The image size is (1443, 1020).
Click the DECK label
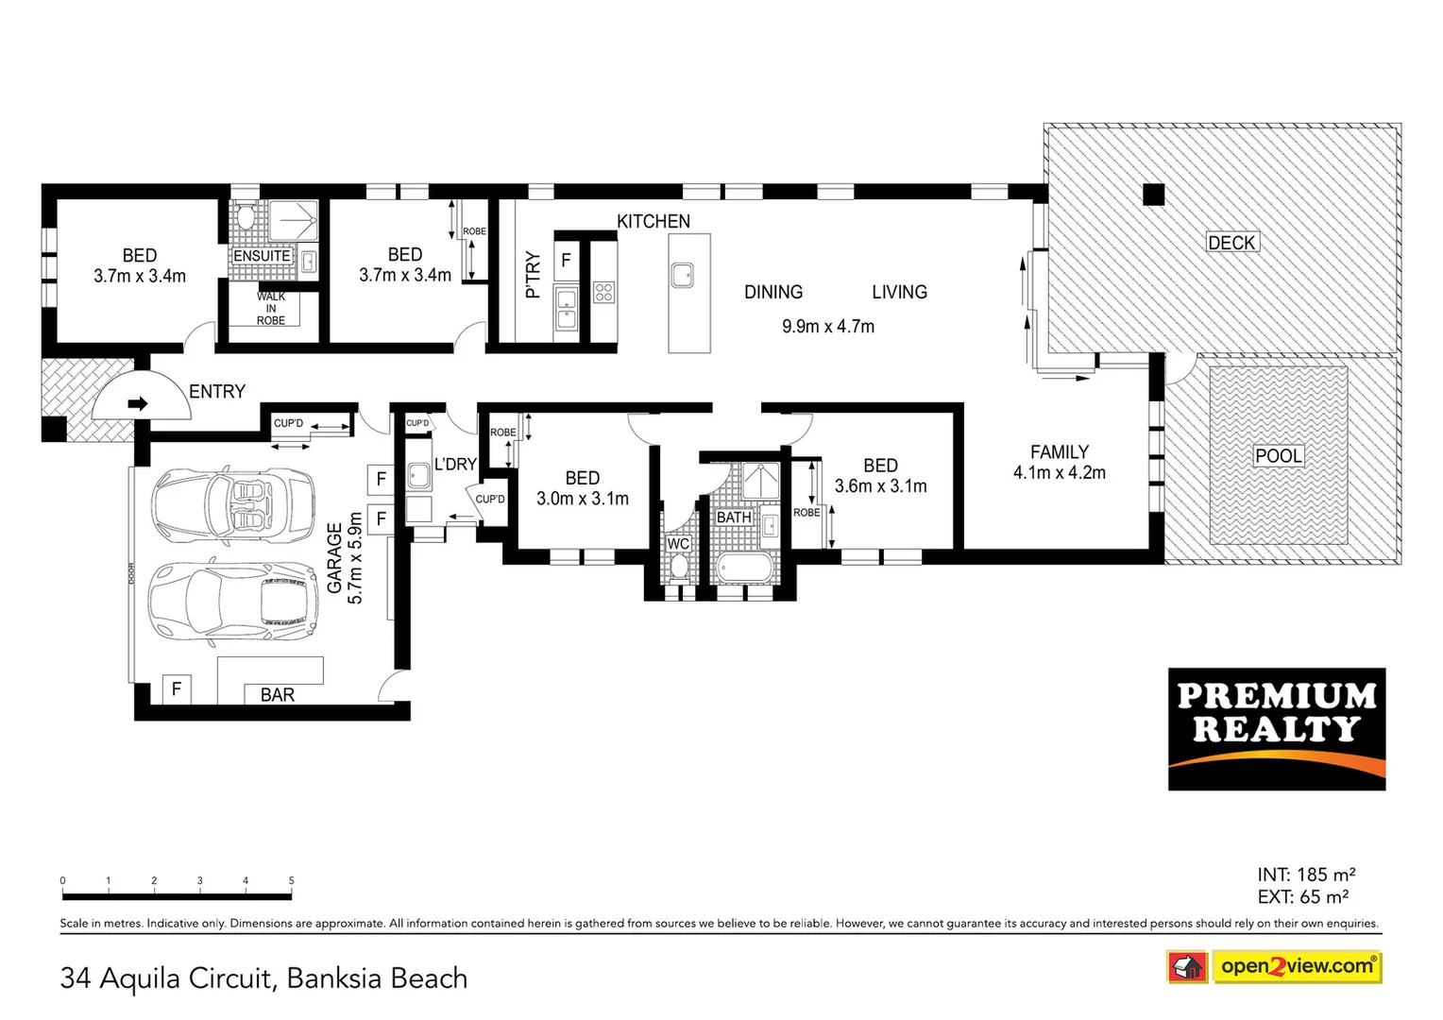click(1231, 243)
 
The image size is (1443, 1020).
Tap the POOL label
click(1278, 455)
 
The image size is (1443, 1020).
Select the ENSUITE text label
click(262, 256)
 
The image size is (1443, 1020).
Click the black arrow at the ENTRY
click(138, 403)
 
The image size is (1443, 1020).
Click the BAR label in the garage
click(277, 694)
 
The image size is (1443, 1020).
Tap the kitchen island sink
click(682, 276)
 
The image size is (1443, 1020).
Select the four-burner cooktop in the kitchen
click(604, 293)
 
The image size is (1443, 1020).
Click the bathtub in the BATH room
click(745, 569)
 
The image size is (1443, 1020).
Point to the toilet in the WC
click(678, 568)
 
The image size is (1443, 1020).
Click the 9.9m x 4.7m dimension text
click(828, 327)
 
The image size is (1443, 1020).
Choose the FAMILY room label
click(1059, 451)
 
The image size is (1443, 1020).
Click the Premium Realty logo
click(1276, 728)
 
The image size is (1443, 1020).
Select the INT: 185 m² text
click(1306, 875)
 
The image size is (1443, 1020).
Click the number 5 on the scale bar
click(291, 880)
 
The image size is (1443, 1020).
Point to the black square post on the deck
click(1153, 195)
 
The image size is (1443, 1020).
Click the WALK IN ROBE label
click(270, 309)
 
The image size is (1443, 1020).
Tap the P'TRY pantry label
click(533, 275)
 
